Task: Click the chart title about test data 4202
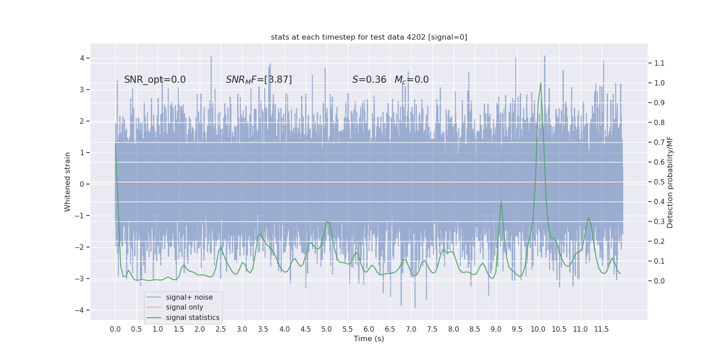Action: pyautogui.click(x=369, y=37)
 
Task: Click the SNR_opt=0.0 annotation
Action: pyautogui.click(x=155, y=80)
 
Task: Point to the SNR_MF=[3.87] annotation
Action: pyautogui.click(x=259, y=80)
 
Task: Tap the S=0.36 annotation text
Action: pyautogui.click(x=369, y=80)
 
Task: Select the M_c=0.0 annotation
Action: pyautogui.click(x=411, y=80)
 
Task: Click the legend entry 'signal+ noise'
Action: pyautogui.click(x=189, y=297)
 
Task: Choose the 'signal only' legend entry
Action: pyautogui.click(x=184, y=307)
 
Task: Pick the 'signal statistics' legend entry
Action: pyautogui.click(x=193, y=318)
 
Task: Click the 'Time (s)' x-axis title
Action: pyautogui.click(x=369, y=338)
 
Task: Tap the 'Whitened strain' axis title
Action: pyautogui.click(x=67, y=182)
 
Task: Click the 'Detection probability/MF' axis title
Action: pyautogui.click(x=670, y=182)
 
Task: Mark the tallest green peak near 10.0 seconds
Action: pyautogui.click(x=540, y=83)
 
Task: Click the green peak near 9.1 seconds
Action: pyautogui.click(x=501, y=202)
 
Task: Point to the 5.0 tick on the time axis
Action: pyautogui.click(x=326, y=329)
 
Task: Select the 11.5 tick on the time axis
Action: pyautogui.click(x=601, y=329)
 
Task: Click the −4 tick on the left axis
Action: pyautogui.click(x=82, y=310)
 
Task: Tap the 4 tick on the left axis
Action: pyautogui.click(x=82, y=58)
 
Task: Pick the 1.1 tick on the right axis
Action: pyautogui.click(x=659, y=63)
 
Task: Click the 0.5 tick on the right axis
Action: pyautogui.click(x=659, y=182)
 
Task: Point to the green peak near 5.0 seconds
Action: pyautogui.click(x=327, y=221)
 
